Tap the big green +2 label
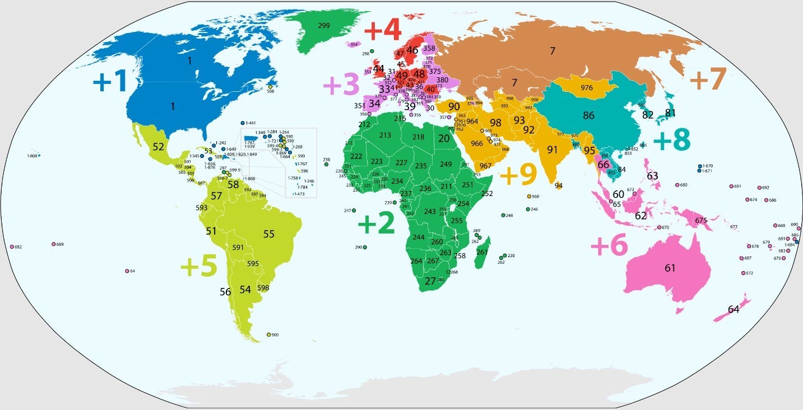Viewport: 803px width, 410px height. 376,224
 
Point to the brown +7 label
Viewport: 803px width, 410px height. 708,80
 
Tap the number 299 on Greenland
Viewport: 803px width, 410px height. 323,26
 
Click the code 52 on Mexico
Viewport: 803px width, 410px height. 158,147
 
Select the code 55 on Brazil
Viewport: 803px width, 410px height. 269,234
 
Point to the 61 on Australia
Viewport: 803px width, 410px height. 670,268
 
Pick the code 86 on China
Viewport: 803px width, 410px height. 588,116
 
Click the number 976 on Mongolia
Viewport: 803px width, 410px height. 587,88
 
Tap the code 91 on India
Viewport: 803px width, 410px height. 553,150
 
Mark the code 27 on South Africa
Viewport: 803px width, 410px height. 430,281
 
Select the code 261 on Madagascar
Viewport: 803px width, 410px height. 482,253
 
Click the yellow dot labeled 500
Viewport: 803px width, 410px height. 269,334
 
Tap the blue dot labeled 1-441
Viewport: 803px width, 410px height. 243,123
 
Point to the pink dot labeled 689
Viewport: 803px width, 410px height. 54,244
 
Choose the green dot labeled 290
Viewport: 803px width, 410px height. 365,247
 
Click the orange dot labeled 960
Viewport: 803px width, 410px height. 530,196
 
